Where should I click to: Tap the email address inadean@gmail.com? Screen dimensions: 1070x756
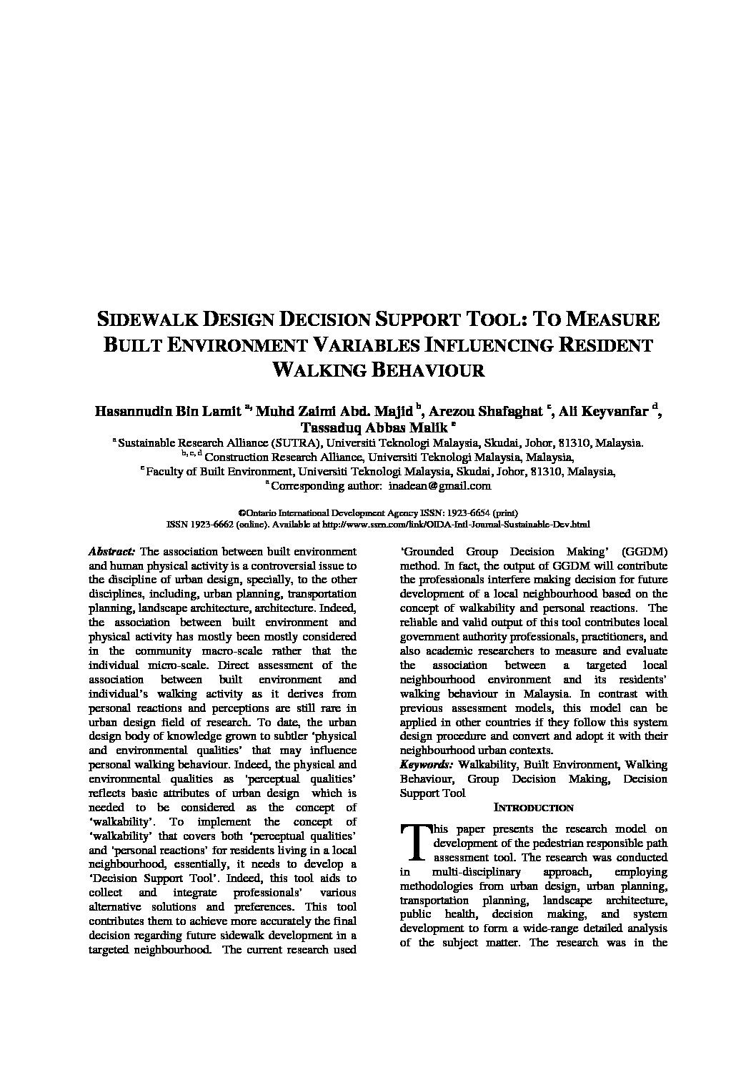coord(439,486)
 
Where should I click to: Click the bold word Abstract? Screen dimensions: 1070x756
coord(111,552)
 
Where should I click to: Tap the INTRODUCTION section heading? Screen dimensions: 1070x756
coord(533,808)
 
